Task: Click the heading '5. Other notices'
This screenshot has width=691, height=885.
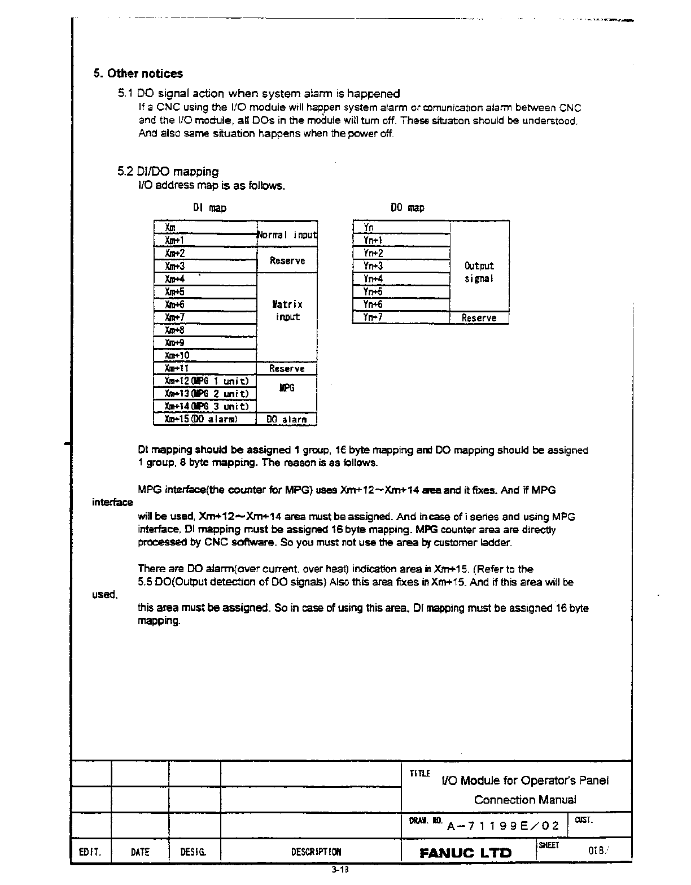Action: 138,73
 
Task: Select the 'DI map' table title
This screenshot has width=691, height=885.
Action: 209,208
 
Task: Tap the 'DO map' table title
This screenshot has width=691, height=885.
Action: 408,208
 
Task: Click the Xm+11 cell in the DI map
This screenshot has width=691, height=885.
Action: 205,368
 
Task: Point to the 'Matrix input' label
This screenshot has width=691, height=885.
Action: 287,311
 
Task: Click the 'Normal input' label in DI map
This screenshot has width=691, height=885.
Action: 287,234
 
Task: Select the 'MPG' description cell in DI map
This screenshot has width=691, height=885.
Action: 287,388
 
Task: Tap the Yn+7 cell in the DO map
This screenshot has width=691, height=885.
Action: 401,317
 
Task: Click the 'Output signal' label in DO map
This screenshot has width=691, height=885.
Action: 479,272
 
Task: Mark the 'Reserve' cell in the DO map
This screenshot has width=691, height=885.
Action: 479,318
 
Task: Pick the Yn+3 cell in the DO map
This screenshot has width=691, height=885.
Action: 401,266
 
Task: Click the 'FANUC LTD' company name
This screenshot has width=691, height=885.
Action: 465,853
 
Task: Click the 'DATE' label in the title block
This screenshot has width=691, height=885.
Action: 139,852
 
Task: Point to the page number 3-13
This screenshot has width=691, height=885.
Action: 340,870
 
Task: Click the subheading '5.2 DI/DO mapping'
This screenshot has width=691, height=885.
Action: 168,171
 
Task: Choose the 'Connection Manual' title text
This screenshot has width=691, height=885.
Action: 525,800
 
